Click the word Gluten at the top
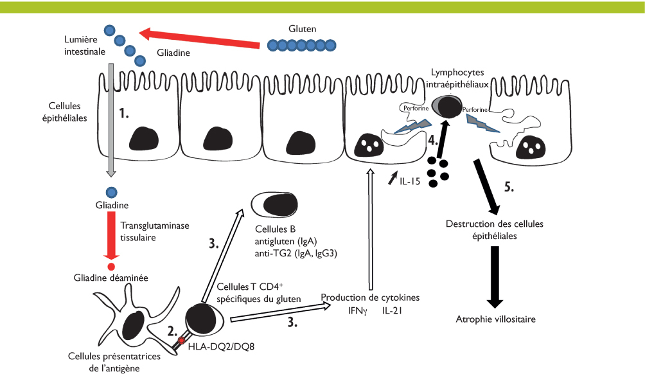[303, 29]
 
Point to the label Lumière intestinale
[80, 45]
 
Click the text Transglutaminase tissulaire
[148, 231]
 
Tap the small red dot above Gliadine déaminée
[111, 266]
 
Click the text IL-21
[392, 310]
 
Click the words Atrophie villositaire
[495, 319]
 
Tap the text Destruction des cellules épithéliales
[495, 229]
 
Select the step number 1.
[125, 114]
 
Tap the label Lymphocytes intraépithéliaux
[458, 78]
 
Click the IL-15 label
[409, 182]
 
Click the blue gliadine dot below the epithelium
[111, 192]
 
